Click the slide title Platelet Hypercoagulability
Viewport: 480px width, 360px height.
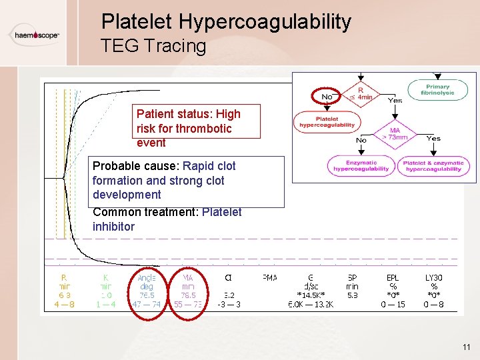[x=226, y=22]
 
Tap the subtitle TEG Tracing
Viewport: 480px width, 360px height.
[x=153, y=46]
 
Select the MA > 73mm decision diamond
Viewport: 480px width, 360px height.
[x=395, y=133]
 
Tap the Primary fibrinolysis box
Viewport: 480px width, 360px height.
[x=437, y=89]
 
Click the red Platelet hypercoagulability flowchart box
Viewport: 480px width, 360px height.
[x=327, y=121]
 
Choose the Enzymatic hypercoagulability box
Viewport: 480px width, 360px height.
[x=361, y=165]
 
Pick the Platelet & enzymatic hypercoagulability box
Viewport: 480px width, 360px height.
[x=433, y=165]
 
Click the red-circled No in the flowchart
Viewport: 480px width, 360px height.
[x=327, y=97]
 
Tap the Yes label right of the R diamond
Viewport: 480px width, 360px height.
[x=395, y=101]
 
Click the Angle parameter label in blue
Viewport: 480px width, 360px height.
[x=147, y=277]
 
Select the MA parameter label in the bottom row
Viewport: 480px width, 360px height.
[x=188, y=277]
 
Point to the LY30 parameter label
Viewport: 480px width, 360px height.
[x=434, y=277]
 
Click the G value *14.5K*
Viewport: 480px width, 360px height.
[x=310, y=294]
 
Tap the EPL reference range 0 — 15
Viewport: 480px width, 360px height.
[x=393, y=305]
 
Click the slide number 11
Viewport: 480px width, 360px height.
[x=465, y=347]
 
